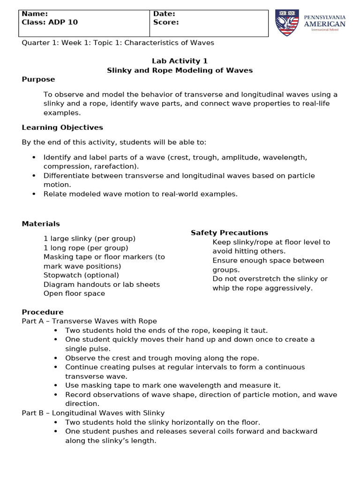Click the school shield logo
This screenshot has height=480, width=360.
click(287, 23)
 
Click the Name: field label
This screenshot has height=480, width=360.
click(35, 14)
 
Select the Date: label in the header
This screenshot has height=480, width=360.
click(164, 14)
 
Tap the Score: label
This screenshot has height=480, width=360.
click(166, 22)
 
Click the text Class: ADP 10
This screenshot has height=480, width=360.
click(50, 22)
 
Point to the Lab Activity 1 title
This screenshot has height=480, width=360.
click(180, 61)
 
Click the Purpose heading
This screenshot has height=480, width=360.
click(38, 79)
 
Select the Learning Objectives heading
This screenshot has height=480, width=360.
click(62, 127)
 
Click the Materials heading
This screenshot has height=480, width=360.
click(41, 224)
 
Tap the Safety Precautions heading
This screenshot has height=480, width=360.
click(229, 232)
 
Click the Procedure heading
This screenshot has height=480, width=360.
click(43, 312)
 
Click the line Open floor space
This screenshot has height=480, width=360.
click(74, 293)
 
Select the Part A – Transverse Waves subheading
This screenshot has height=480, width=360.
click(90, 321)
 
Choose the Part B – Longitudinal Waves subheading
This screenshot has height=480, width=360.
click(93, 412)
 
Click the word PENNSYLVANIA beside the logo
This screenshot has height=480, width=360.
click(325, 17)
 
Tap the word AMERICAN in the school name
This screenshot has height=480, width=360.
click(325, 24)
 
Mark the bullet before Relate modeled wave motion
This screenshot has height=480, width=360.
click(34, 194)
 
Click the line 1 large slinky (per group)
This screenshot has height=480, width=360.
click(90, 239)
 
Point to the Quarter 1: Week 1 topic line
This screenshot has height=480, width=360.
click(118, 43)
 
